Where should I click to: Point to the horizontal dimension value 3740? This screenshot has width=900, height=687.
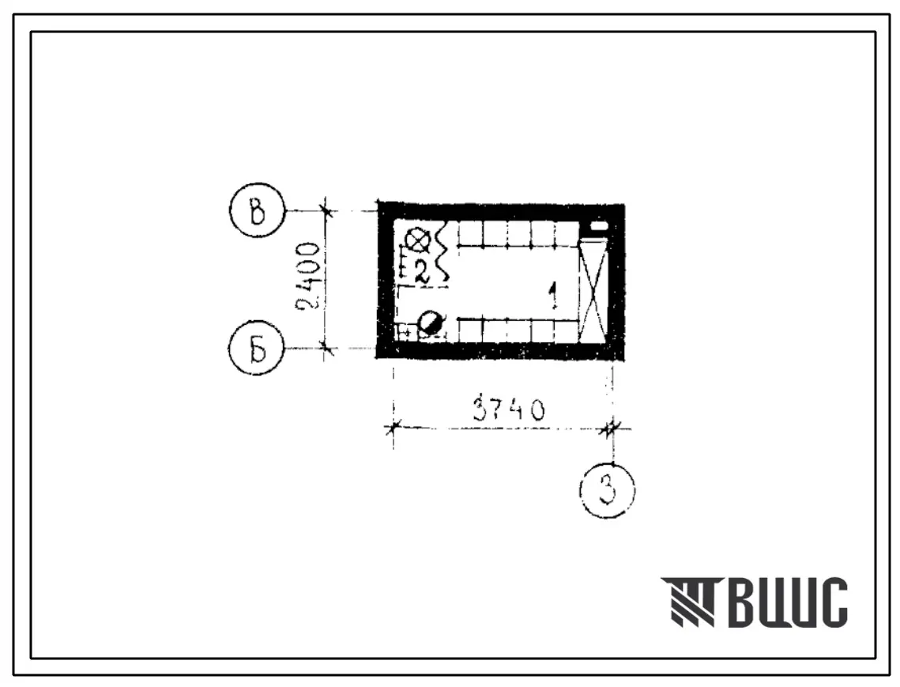(x=509, y=409)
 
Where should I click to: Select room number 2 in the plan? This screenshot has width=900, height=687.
(x=422, y=270)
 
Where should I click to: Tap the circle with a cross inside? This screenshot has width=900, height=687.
(x=417, y=239)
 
